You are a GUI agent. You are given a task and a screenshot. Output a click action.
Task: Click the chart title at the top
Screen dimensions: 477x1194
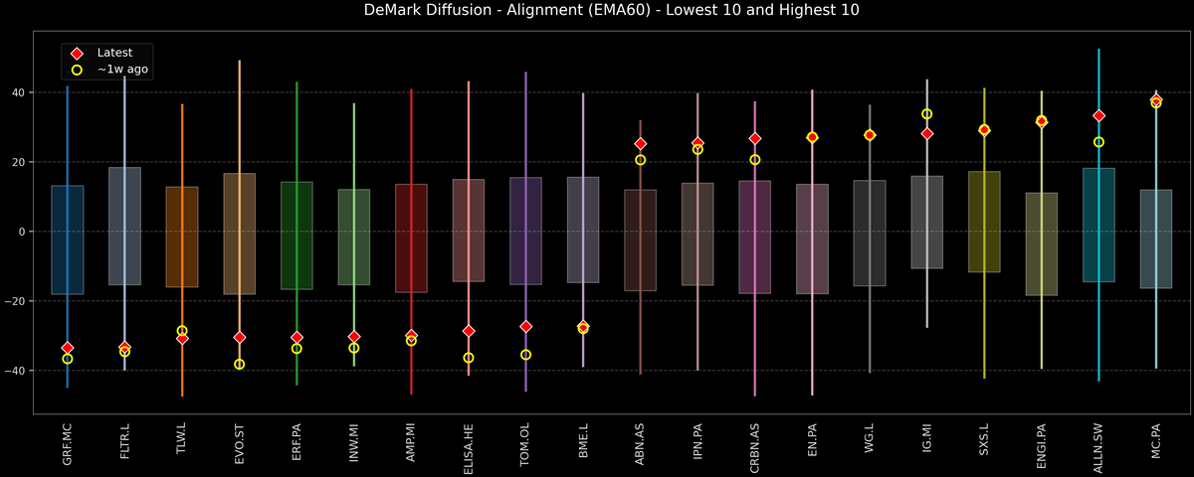597,11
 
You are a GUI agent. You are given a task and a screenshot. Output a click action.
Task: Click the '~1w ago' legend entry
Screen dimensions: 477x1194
122,70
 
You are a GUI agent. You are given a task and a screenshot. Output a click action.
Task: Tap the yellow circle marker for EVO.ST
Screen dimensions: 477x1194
240,365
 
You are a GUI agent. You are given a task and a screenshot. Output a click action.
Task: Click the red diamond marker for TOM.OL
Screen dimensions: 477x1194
526,326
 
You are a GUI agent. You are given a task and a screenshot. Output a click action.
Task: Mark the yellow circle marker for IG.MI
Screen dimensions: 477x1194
927,114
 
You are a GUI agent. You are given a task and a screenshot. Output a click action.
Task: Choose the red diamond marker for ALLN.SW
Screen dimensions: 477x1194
1098,116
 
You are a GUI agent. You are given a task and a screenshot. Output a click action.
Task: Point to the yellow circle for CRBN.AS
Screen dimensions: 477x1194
755,160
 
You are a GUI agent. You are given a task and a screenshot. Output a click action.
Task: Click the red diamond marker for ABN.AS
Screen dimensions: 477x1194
641,144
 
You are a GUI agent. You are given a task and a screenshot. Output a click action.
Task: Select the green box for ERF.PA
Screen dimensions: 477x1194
297,236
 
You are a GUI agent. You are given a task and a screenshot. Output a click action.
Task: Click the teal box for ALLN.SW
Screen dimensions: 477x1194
1098,225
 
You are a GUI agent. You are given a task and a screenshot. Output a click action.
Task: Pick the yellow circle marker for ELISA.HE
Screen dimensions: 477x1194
469,358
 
